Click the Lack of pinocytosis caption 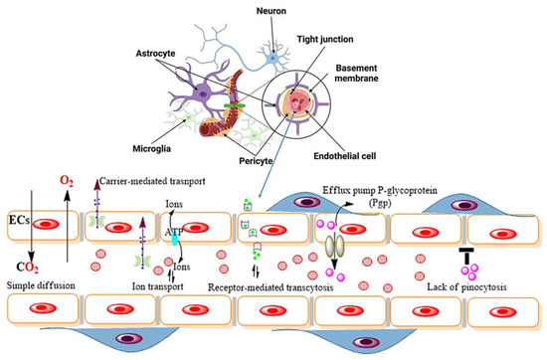(488, 285)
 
